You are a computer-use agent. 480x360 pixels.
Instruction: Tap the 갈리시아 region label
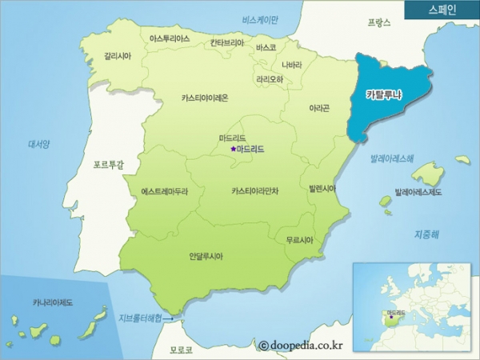click(118, 57)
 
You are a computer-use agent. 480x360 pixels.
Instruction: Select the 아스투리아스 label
click(170, 38)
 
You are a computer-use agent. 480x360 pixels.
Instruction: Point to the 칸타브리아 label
click(227, 43)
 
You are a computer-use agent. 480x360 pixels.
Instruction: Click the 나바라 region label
click(292, 64)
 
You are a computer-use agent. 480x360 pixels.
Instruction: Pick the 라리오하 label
click(270, 79)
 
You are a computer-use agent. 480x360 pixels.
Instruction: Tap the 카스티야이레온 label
click(205, 98)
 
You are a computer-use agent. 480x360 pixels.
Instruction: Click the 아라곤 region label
click(320, 107)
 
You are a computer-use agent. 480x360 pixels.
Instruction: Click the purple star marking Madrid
click(233, 149)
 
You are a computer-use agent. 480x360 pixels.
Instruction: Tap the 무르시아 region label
click(299, 239)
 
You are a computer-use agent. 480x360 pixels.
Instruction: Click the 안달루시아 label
click(206, 256)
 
